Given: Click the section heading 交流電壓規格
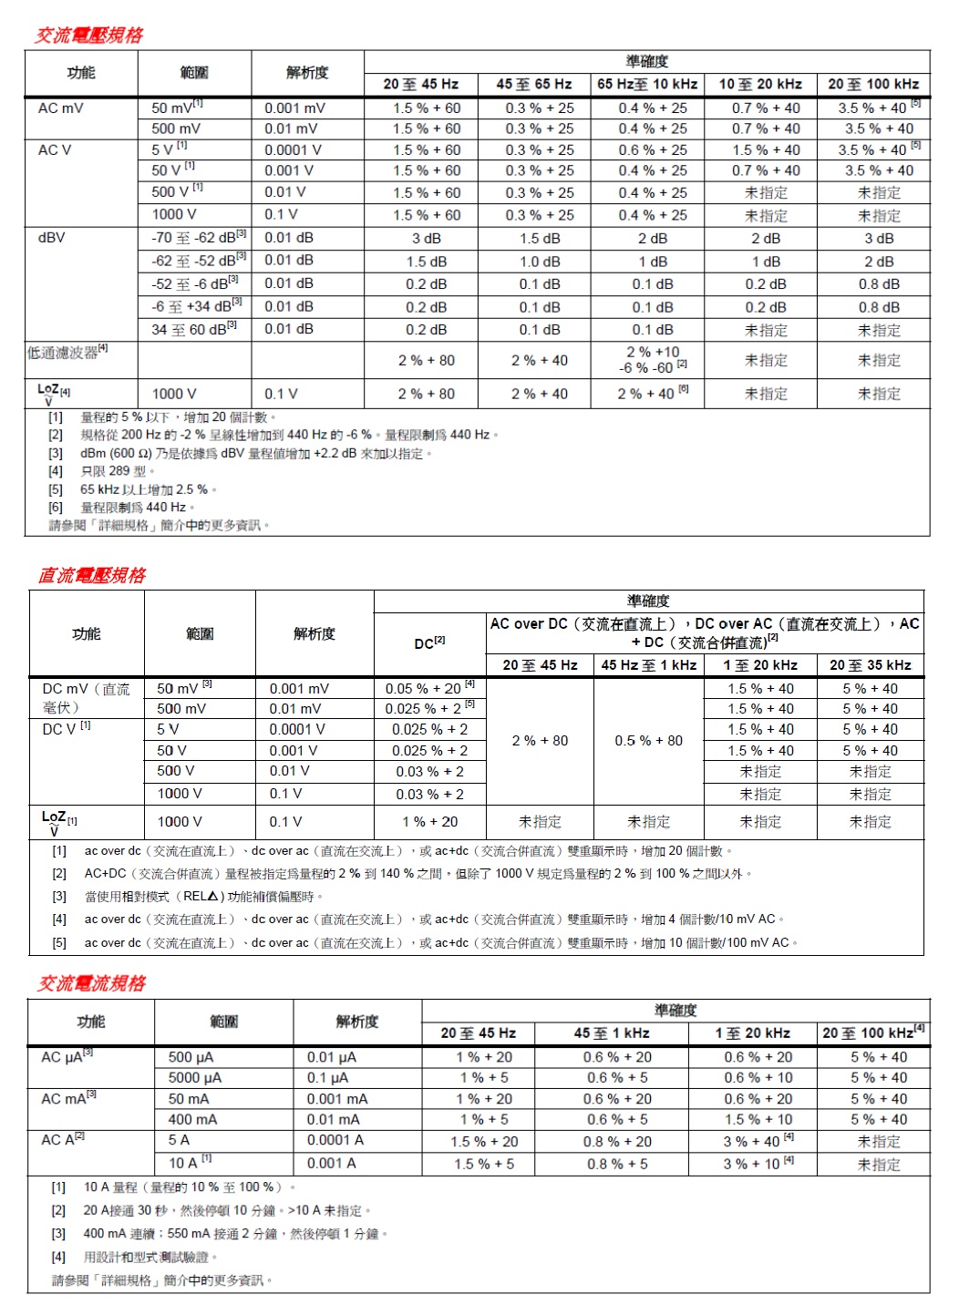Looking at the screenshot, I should (x=89, y=36).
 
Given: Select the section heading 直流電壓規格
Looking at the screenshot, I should (x=92, y=575).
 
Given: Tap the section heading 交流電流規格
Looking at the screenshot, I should (x=91, y=983).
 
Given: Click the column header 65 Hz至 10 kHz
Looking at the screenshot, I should (x=647, y=85).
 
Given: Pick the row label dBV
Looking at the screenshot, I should (x=52, y=238).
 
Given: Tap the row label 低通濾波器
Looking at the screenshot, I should (x=67, y=352).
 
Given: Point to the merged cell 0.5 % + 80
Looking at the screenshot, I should (x=648, y=741).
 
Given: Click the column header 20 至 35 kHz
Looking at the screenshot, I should (x=870, y=665).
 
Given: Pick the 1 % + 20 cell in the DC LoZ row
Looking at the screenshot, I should (x=429, y=822).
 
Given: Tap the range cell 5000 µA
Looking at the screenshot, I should (x=195, y=1077).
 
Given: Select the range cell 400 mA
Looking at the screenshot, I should (x=192, y=1119).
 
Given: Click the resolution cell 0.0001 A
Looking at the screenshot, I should (x=335, y=1140).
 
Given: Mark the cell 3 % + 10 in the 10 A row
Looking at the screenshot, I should (x=758, y=1164).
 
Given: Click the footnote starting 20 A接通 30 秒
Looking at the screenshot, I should (x=227, y=1210).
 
